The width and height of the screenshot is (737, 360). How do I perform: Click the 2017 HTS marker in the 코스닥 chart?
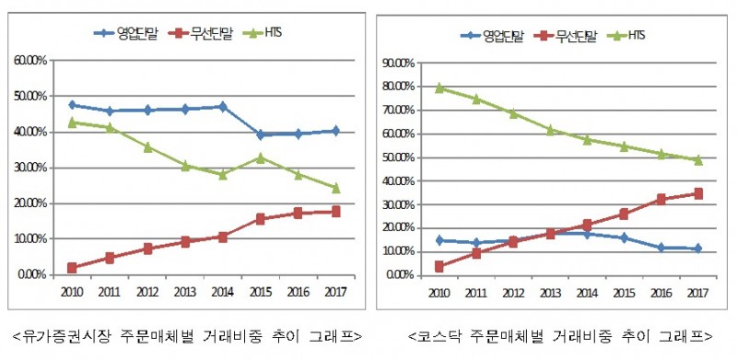pyautogui.click(x=698, y=159)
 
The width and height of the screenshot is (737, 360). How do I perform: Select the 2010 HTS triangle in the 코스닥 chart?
pyautogui.click(x=440, y=87)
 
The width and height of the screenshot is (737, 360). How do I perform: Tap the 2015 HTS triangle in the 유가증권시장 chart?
pyautogui.click(x=261, y=157)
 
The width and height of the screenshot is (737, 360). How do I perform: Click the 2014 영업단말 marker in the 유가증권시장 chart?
pyautogui.click(x=221, y=107)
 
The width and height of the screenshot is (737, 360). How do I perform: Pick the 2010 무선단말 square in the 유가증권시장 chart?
pyautogui.click(x=72, y=268)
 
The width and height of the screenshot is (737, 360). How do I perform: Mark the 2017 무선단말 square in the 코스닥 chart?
pyautogui.click(x=698, y=193)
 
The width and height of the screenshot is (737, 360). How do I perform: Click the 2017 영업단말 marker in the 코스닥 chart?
pyautogui.click(x=698, y=249)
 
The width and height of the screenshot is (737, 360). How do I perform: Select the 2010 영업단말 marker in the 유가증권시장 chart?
pyautogui.click(x=72, y=105)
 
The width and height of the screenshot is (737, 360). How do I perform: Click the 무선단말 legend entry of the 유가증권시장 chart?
pyautogui.click(x=200, y=33)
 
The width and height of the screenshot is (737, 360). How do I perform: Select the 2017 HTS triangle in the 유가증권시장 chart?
pyautogui.click(x=335, y=188)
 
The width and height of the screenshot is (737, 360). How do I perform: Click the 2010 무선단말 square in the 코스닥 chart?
pyautogui.click(x=440, y=266)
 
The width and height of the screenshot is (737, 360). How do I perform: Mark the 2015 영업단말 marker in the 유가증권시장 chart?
pyautogui.click(x=261, y=134)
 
